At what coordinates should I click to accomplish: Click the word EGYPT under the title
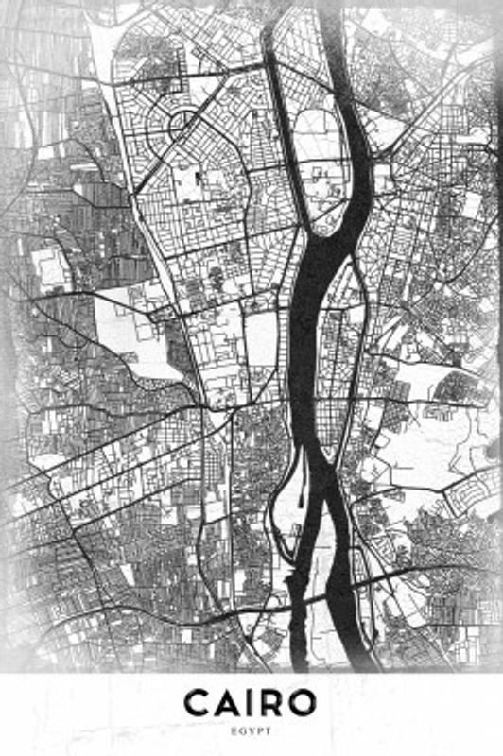click(x=251, y=730)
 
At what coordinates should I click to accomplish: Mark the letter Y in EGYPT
click(x=251, y=730)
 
